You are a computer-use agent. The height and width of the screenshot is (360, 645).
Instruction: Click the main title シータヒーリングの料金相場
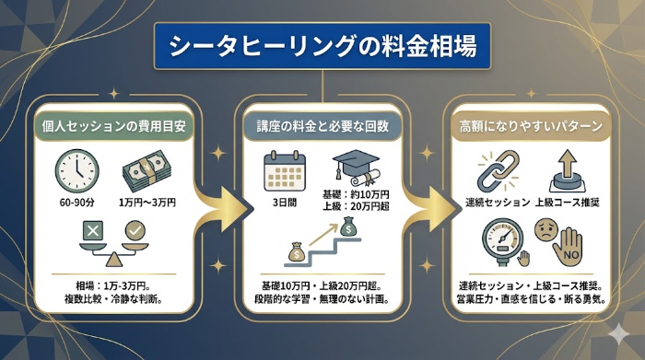[x=322, y=47]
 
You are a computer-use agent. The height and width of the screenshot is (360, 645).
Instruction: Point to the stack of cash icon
[x=147, y=169]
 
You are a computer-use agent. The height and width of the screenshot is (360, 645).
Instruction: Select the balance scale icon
[x=112, y=240]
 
